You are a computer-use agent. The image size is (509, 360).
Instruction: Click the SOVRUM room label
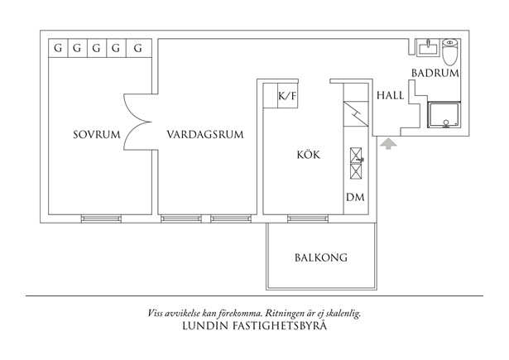pyautogui.click(x=95, y=135)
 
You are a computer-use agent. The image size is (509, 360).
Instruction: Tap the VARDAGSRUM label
pyautogui.click(x=204, y=135)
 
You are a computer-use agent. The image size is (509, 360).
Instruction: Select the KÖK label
pyautogui.click(x=308, y=155)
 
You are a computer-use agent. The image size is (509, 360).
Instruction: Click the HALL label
pyautogui.click(x=390, y=95)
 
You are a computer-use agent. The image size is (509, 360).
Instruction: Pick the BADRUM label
pyautogui.click(x=435, y=73)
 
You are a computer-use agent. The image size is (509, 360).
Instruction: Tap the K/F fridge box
pyautogui.click(x=287, y=97)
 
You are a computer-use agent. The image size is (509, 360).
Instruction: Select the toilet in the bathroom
pyautogui.click(x=450, y=51)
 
